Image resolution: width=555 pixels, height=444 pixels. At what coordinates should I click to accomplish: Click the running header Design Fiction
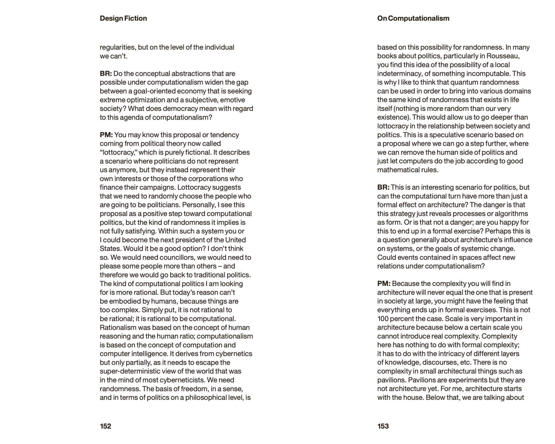tap(123, 18)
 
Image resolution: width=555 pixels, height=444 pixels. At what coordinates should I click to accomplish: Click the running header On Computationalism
tap(413, 18)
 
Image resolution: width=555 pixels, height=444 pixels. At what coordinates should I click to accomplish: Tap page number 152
tap(105, 426)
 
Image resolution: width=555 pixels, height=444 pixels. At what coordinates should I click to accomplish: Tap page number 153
tap(383, 426)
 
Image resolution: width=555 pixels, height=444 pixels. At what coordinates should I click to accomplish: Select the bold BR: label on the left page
tap(106, 74)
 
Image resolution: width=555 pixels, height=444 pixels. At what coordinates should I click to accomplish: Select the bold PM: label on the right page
tap(384, 284)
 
